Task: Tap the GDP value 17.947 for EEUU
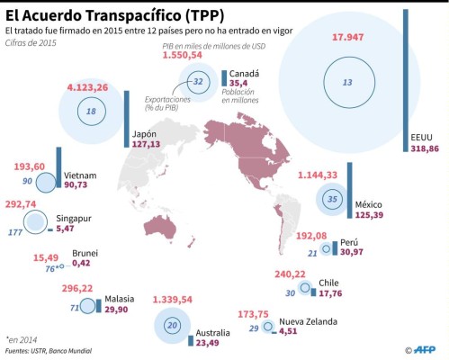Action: pyautogui.click(x=347, y=37)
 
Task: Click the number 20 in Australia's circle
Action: pyautogui.click(x=173, y=324)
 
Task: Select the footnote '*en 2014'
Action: pyautogui.click(x=21, y=339)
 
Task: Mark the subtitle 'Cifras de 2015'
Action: pyautogui.click(x=30, y=44)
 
